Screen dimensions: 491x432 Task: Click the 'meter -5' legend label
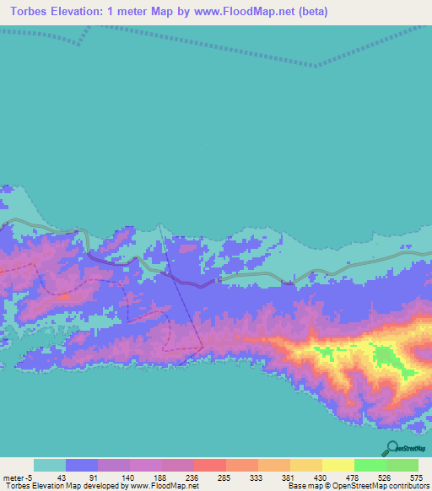(x=18, y=477)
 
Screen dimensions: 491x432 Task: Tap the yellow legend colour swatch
(x=337, y=466)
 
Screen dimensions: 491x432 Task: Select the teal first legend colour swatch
(x=50, y=466)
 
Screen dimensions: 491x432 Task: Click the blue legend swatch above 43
(x=82, y=466)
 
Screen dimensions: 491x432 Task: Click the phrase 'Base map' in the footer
(x=302, y=487)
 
